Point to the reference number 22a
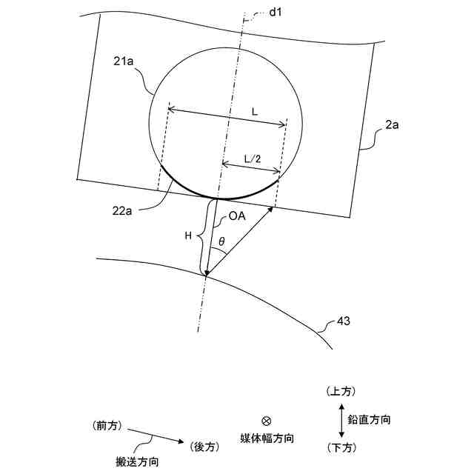click(122, 212)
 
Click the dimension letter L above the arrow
click(254, 110)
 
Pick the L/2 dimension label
click(252, 158)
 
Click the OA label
click(238, 217)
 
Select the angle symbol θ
click(221, 241)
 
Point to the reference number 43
click(343, 322)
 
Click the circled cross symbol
click(266, 421)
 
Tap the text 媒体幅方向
click(267, 438)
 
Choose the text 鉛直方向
click(370, 419)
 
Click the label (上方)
click(341, 390)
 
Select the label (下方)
click(341, 448)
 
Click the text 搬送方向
click(138, 462)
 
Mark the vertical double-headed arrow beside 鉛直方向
click(341, 419)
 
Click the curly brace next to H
click(198, 236)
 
